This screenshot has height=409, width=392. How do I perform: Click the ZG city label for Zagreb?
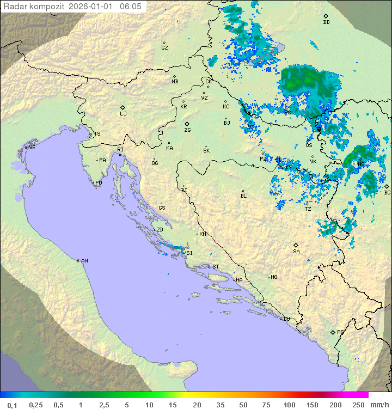(x=187, y=131)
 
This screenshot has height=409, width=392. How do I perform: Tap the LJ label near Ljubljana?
(x=123, y=114)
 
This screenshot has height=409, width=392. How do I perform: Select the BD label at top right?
(x=326, y=22)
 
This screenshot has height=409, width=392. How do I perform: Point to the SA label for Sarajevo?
(x=296, y=252)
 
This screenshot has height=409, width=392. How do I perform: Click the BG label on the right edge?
(x=387, y=192)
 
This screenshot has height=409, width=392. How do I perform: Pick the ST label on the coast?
(x=216, y=267)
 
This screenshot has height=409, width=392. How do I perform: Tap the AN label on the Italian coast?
(x=84, y=261)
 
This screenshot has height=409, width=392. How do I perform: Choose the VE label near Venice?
(x=32, y=148)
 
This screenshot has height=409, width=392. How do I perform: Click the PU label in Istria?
(x=99, y=183)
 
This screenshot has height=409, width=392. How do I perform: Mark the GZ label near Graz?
(x=164, y=48)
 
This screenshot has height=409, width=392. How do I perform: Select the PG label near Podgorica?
(x=340, y=332)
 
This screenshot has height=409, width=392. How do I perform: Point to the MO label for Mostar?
(x=274, y=277)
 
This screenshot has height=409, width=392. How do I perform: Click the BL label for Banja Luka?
(x=243, y=196)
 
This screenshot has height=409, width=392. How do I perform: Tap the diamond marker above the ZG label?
(x=187, y=124)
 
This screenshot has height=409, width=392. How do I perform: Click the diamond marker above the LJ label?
(x=123, y=107)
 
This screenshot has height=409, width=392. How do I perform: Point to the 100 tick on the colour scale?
(x=289, y=405)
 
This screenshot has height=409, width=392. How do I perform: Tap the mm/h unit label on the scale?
(x=379, y=405)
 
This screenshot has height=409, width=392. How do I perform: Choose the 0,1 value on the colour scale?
(x=12, y=405)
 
